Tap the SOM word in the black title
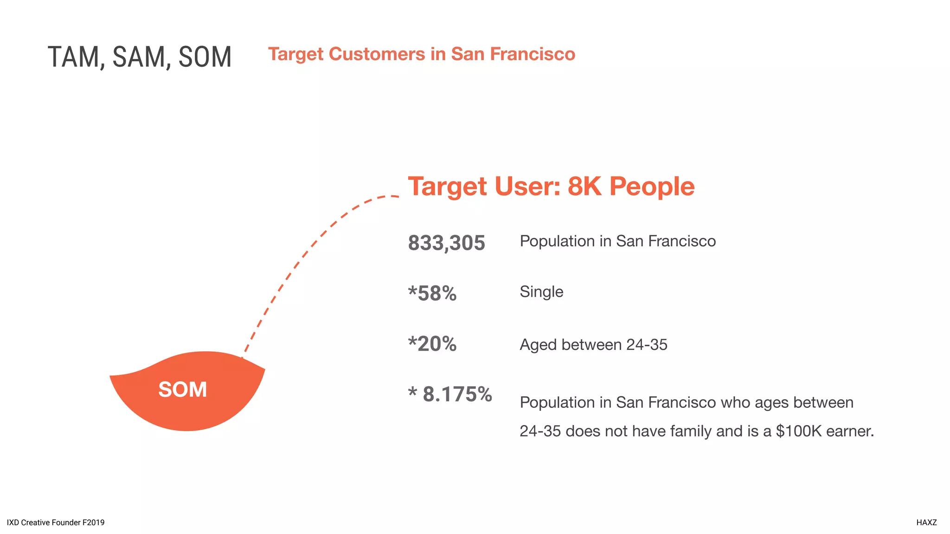205,57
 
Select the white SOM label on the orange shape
182,389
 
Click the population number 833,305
446,243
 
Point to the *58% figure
432,293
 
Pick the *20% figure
432,344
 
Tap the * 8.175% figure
450,394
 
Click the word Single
541,292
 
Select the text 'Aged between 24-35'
593,345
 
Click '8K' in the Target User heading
584,186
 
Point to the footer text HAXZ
926,522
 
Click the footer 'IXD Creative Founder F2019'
56,522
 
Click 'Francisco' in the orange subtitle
533,54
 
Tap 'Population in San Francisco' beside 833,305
617,241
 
